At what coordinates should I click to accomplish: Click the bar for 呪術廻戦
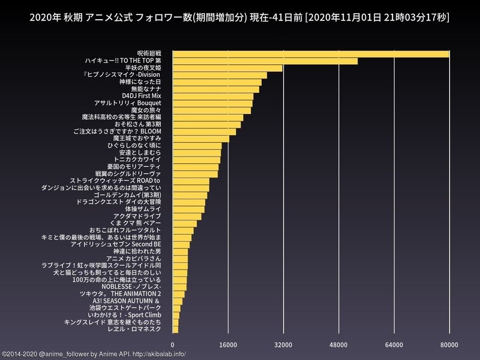311,54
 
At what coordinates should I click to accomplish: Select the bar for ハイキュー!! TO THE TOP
265,61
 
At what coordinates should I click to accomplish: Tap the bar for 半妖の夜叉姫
227,68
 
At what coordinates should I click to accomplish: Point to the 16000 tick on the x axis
228,344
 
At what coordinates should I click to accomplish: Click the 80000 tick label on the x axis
449,344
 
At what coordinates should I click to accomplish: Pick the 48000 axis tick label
338,344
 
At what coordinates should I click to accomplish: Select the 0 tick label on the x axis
173,344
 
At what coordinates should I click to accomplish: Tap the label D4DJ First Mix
141,95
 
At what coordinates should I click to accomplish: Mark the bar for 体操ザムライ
188,209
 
